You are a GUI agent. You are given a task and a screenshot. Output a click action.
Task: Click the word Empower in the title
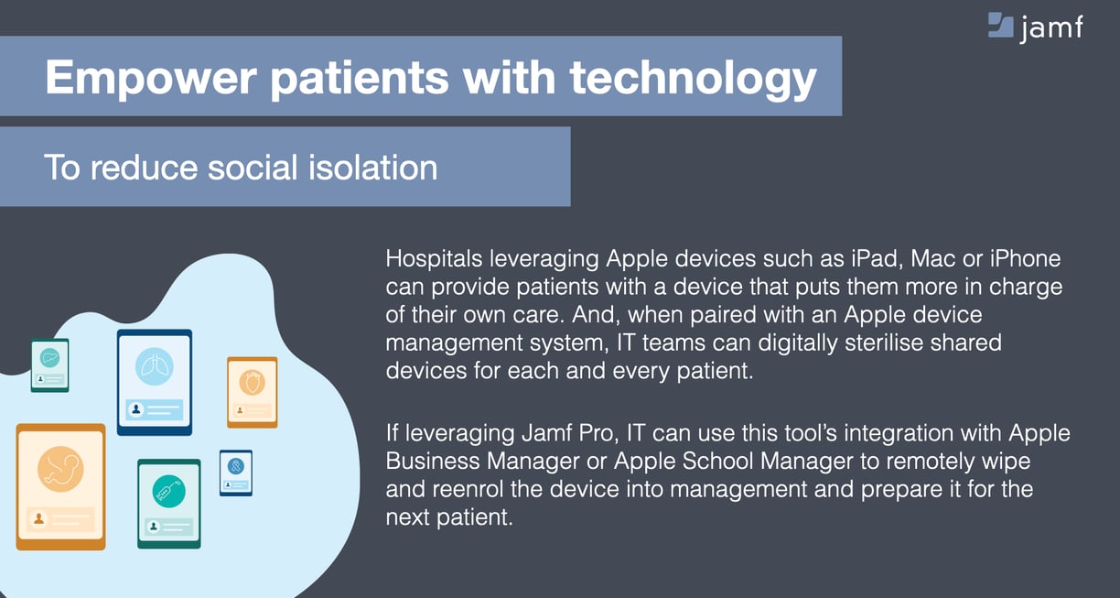click(x=150, y=77)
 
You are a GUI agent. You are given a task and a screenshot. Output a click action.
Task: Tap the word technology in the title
click(x=693, y=80)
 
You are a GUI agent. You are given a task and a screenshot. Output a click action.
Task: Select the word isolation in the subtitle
click(x=373, y=168)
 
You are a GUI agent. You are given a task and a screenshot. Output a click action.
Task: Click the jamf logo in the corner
click(x=1036, y=27)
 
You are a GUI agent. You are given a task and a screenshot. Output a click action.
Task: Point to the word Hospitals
click(x=434, y=259)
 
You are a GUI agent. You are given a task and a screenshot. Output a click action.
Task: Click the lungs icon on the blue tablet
click(x=155, y=366)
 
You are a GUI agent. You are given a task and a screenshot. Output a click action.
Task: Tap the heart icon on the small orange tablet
click(x=252, y=383)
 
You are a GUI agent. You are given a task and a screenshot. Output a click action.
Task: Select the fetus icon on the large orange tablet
click(x=60, y=469)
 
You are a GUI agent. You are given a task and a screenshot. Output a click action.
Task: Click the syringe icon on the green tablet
click(x=169, y=492)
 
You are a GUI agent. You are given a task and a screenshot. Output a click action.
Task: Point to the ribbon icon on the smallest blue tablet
click(x=236, y=466)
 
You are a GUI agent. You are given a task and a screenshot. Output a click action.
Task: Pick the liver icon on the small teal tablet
click(x=49, y=358)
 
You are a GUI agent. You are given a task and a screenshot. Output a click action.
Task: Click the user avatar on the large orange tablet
click(x=39, y=519)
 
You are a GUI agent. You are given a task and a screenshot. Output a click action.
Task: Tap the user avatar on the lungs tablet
click(x=136, y=409)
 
